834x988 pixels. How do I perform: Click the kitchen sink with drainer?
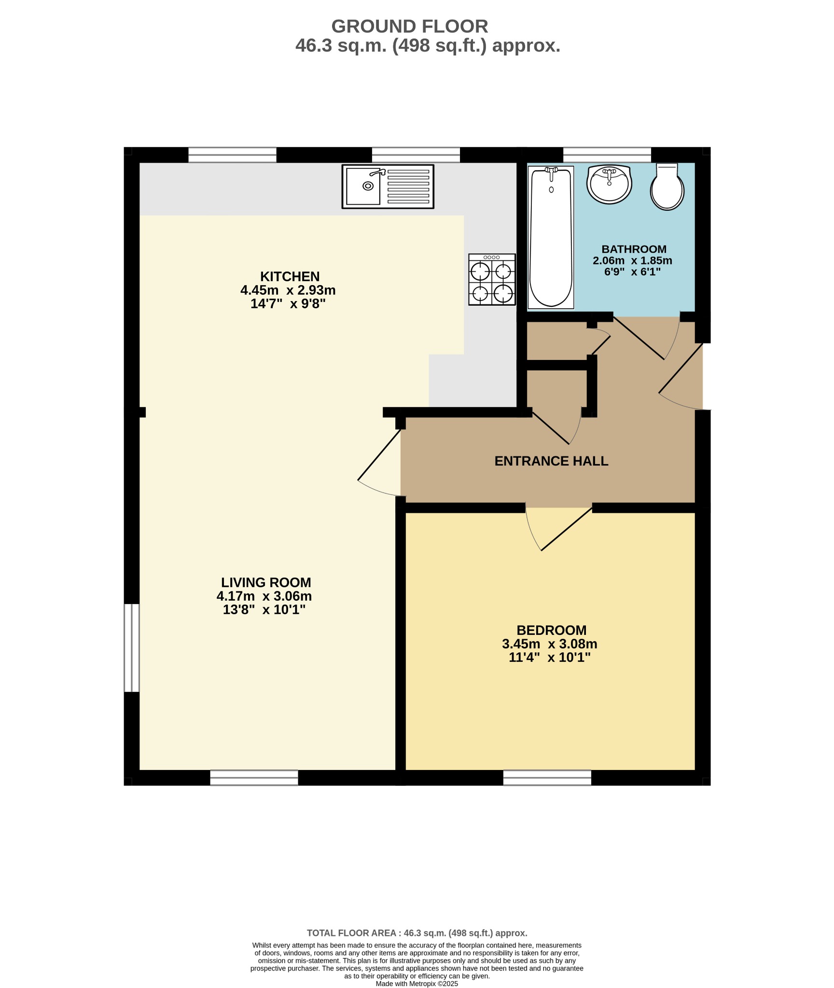tap(388, 186)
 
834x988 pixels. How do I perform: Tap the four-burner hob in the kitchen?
tap(492, 279)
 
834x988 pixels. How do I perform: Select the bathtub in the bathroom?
tap(551, 237)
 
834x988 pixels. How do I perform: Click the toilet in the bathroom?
tap(667, 187)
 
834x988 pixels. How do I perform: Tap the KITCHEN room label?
tap(290, 276)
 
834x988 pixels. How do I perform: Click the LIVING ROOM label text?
tap(266, 582)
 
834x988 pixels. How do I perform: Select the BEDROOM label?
tap(551, 630)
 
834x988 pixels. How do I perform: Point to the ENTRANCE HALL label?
tap(551, 461)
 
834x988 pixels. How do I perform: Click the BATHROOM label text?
tap(634, 249)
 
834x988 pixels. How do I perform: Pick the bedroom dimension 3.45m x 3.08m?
tap(550, 644)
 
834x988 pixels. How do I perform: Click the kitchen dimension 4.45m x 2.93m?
tap(288, 290)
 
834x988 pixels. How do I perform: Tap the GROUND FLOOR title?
tap(410, 26)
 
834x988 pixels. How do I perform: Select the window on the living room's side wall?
tap(132, 648)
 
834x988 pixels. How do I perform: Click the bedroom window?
tap(547, 778)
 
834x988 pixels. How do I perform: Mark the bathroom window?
tap(607, 155)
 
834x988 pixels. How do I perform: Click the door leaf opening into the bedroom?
tap(567, 529)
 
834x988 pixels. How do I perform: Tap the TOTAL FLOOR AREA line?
tap(417, 933)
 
